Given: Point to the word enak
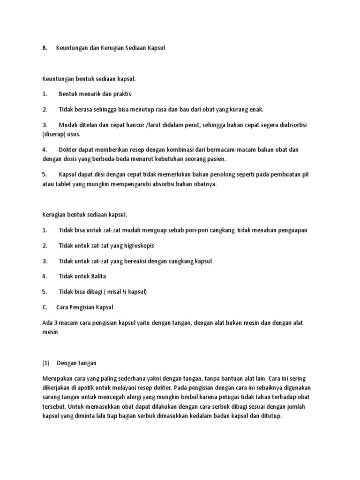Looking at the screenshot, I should [256, 109].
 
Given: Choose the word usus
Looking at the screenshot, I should [74, 134].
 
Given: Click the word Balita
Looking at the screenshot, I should [96, 277].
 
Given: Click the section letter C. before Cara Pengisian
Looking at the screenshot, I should [45, 307].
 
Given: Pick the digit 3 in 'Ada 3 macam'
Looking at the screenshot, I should [54, 323].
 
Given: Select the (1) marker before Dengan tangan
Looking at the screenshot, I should [45, 363].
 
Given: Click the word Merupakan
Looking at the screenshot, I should [57, 378].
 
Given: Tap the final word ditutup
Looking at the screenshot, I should [271, 416].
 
